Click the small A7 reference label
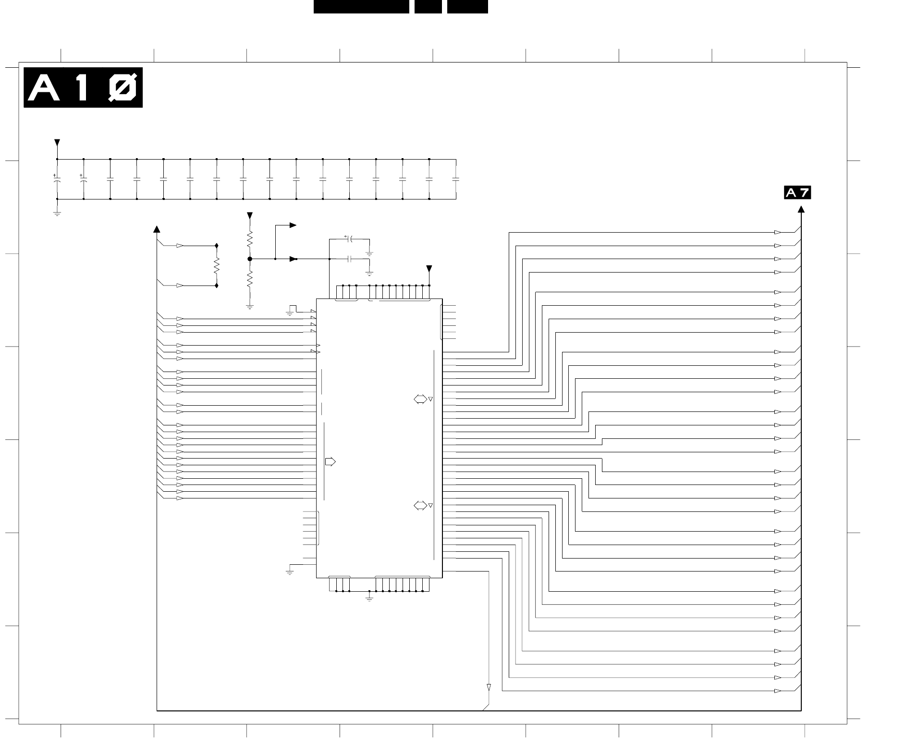(x=797, y=193)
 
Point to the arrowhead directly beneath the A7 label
(x=801, y=210)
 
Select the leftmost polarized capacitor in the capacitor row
(x=57, y=179)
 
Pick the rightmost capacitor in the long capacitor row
(x=456, y=179)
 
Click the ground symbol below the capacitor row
(x=57, y=213)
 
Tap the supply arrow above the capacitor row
(x=57, y=143)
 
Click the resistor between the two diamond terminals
(x=217, y=265)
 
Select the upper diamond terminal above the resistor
(x=217, y=246)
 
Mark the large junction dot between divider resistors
(x=250, y=259)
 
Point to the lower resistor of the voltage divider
(x=250, y=279)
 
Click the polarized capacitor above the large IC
(x=350, y=239)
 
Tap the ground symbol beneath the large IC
(x=369, y=598)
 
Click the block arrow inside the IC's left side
(x=331, y=462)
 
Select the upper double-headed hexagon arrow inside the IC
(x=420, y=399)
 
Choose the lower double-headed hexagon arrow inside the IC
(x=420, y=506)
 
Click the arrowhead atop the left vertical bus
(x=157, y=229)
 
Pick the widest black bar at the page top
(x=361, y=7)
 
